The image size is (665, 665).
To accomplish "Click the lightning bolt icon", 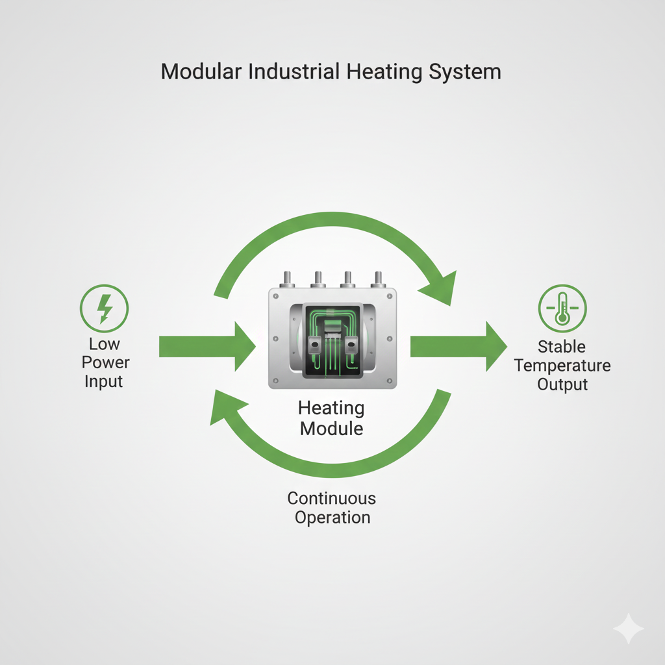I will pos(104,308).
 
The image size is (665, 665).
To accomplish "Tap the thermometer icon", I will pos(562,308).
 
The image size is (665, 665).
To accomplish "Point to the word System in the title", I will pos(465,71).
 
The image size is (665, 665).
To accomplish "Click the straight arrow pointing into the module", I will pos(207,346).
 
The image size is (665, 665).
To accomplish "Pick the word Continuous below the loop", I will pos(331,498).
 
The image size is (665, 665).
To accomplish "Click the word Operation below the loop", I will pos(332,518).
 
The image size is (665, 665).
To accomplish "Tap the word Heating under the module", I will pos(331,408).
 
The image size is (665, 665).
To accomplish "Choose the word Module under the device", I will pos(331,429).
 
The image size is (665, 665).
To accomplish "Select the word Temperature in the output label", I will pos(562,365).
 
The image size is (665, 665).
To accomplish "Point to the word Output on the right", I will pos(562,384).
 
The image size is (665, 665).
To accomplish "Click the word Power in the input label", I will pos(107,362).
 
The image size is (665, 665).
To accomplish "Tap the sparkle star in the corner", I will pos(628,629).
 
